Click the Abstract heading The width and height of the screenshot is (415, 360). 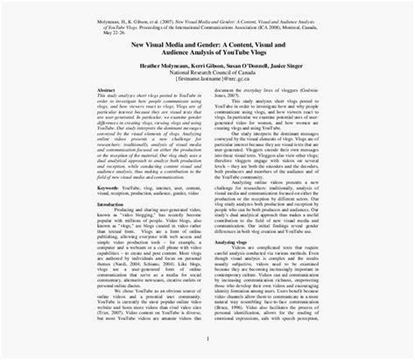click(106, 113)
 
